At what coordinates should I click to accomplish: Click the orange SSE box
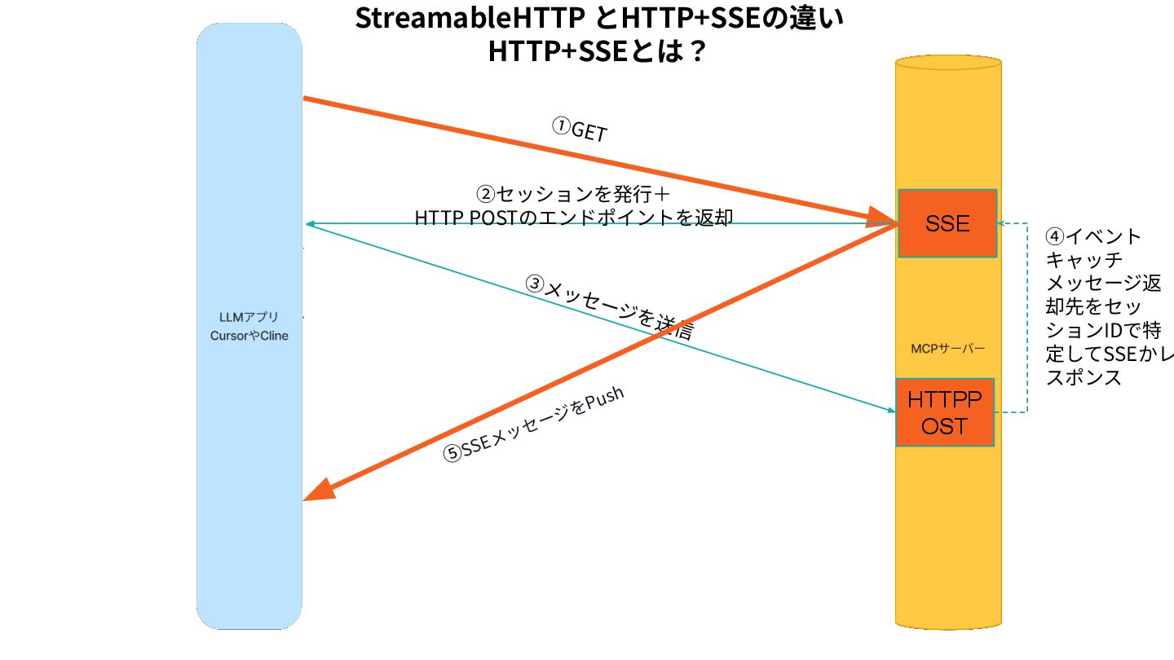click(947, 223)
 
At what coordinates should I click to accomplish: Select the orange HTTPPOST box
click(945, 412)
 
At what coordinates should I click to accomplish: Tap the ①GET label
click(580, 130)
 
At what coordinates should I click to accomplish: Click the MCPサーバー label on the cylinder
click(948, 349)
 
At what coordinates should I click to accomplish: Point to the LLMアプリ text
click(249, 317)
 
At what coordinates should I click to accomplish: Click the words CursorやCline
click(249, 336)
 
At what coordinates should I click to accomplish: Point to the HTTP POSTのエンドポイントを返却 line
click(574, 218)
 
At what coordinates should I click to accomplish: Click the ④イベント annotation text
click(1093, 237)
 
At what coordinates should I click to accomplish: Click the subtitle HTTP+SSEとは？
click(597, 52)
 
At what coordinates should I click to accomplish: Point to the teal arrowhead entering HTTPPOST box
click(890, 410)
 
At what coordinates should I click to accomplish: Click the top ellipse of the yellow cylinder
click(948, 63)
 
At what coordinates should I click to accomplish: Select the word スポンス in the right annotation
click(1084, 378)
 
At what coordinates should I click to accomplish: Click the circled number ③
click(534, 284)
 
